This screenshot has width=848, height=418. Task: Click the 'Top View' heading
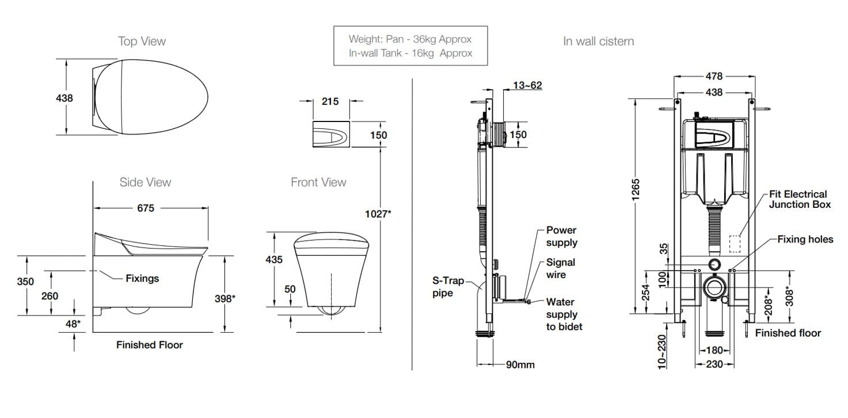[x=142, y=41]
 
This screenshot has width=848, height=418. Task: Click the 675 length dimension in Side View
[x=146, y=208]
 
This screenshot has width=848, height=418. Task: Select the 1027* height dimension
[x=378, y=214]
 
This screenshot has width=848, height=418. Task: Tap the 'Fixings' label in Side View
[x=142, y=279]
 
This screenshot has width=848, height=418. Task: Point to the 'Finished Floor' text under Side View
[x=150, y=345]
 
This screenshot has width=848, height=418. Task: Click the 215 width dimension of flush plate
[x=330, y=101]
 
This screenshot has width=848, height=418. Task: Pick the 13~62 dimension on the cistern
[x=527, y=86]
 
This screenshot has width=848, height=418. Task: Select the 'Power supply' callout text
[x=561, y=236]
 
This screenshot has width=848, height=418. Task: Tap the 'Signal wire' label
[x=560, y=268]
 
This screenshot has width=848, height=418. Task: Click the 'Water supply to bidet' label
[x=564, y=314]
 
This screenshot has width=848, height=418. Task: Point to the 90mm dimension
[x=520, y=365]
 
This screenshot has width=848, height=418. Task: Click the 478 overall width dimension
[x=714, y=76]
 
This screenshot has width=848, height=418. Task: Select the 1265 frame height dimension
[x=636, y=190]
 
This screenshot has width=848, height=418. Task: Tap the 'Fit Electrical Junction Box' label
[x=799, y=199]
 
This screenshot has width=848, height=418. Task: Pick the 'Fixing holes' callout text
[x=805, y=240]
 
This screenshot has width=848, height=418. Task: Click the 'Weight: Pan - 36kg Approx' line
[x=410, y=40]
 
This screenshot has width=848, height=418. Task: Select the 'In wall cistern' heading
[x=598, y=41]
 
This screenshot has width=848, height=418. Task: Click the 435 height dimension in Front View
[x=274, y=260]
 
